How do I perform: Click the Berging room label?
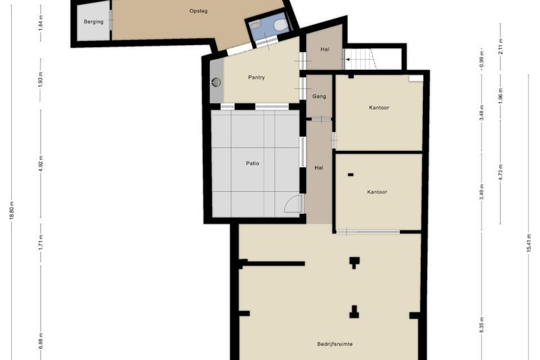[93, 21]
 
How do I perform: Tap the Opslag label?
[199, 11]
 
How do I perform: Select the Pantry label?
[257, 78]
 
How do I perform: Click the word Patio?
[253, 163]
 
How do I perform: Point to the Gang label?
[319, 96]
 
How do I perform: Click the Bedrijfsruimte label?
[335, 344]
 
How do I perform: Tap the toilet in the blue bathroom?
[280, 25]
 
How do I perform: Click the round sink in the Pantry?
[216, 82]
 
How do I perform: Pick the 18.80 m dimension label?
[12, 210]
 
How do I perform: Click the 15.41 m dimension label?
[529, 243]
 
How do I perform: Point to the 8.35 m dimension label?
[482, 325]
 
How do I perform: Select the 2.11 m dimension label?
[501, 46]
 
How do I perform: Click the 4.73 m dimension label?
[501, 172]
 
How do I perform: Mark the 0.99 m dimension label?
[482, 60]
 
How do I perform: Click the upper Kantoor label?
[379, 107]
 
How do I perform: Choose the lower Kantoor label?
[377, 192]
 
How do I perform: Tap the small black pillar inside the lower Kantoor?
[350, 174]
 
